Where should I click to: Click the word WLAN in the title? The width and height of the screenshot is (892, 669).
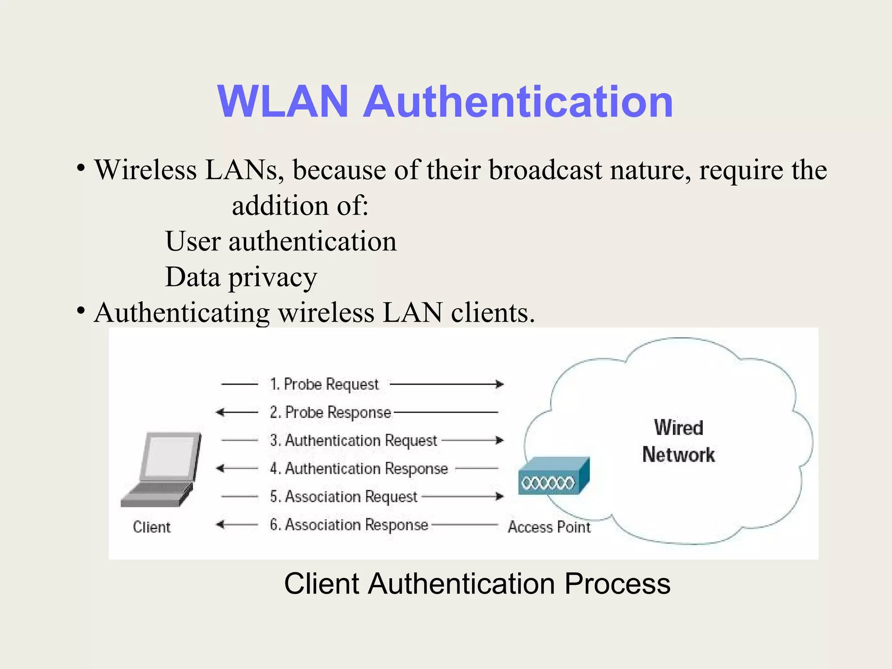[x=283, y=102]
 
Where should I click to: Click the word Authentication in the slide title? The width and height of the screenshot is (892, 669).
[x=518, y=102]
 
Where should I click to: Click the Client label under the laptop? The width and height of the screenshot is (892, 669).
[x=152, y=527]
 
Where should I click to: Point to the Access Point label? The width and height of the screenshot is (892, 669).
[x=549, y=527]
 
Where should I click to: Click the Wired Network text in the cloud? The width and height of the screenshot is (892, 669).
[x=678, y=441]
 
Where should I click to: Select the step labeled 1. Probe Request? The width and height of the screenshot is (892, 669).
[x=324, y=384]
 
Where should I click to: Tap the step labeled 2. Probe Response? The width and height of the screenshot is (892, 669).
[x=330, y=412]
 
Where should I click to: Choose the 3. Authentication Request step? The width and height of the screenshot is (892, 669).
[x=353, y=440]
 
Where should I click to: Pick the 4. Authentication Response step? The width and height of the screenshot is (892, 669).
[x=359, y=469]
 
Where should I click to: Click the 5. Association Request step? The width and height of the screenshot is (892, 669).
[x=343, y=497]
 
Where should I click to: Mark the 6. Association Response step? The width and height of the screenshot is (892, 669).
[x=349, y=525]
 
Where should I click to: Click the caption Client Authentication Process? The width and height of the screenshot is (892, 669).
[x=477, y=584]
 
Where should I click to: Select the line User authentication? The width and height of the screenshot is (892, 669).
[x=281, y=241]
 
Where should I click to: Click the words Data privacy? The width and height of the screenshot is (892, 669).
[x=241, y=277]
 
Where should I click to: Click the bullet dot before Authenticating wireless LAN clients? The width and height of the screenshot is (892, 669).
[x=81, y=311]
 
